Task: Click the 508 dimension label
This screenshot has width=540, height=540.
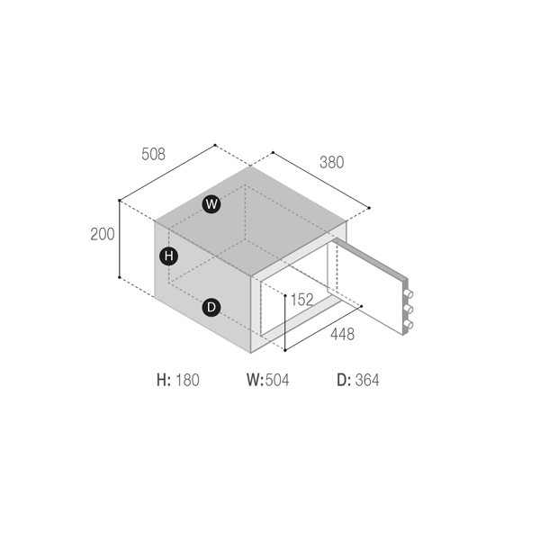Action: click(153, 154)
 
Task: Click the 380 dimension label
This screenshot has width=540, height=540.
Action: click(331, 163)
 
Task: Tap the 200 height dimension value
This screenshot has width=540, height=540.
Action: click(103, 235)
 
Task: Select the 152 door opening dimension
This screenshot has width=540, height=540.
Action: click(302, 300)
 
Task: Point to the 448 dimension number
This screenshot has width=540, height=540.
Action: click(342, 334)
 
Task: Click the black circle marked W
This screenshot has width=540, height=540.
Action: click(211, 204)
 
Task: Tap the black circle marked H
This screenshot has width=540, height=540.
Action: click(169, 256)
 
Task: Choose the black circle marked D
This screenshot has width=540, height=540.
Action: click(211, 307)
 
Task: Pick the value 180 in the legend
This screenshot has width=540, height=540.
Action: click(188, 380)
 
